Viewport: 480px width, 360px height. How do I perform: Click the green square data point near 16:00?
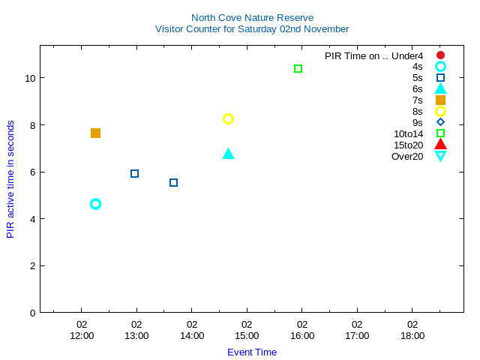tap(298, 69)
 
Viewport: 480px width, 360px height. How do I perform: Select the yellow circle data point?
tap(229, 118)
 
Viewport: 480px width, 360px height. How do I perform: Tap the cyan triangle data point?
tap(229, 154)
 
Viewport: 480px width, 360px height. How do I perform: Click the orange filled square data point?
tap(95, 133)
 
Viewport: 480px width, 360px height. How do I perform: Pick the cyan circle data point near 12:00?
tap(95, 204)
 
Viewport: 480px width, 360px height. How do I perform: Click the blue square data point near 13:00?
tap(135, 173)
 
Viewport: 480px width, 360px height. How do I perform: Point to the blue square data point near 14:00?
tap(173, 182)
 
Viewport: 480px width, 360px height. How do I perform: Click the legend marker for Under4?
tap(440, 55)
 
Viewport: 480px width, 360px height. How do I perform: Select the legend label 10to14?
tap(408, 134)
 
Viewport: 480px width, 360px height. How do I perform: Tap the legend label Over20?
tap(407, 156)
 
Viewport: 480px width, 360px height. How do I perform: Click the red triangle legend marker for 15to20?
tap(440, 145)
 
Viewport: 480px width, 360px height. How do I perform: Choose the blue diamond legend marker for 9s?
tap(440, 122)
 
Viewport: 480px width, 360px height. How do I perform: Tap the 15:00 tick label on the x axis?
tap(247, 335)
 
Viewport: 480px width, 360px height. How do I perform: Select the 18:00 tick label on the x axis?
tap(412, 335)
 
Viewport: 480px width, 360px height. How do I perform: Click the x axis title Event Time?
tap(252, 352)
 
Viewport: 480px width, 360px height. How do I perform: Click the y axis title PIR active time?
tap(10, 179)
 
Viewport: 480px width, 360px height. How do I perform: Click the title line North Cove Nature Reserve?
tap(252, 17)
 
